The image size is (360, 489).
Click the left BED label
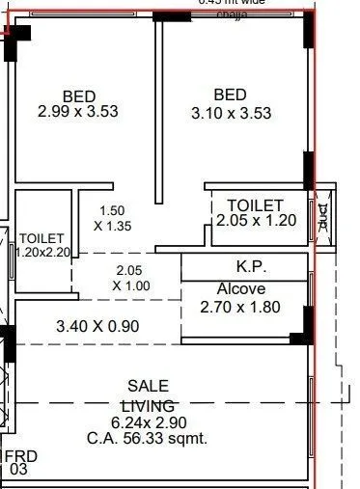[x=79, y=95]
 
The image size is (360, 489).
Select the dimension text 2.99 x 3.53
[x=78, y=112]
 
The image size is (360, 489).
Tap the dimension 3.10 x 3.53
[x=231, y=112]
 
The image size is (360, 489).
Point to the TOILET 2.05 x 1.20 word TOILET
[x=255, y=205]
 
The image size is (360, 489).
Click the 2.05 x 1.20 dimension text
[x=255, y=221]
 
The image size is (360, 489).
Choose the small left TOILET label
[x=42, y=237]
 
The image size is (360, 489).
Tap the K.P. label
[x=251, y=266]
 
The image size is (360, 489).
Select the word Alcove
[x=240, y=288]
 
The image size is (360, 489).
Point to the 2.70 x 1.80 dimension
[x=239, y=308]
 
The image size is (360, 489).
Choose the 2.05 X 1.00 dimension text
[x=131, y=278]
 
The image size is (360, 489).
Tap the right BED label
[x=231, y=95]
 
